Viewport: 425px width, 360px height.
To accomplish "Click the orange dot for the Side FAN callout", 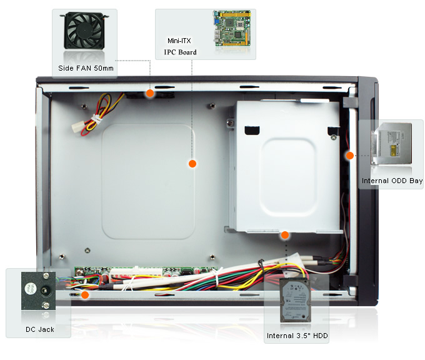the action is (x=150, y=93).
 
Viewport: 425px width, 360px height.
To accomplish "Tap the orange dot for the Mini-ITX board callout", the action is (x=192, y=164).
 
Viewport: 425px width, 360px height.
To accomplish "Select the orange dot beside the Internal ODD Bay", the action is (x=350, y=156).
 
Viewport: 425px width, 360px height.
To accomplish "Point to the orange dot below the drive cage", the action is (x=285, y=235).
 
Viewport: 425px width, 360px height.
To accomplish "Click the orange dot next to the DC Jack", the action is (x=85, y=295).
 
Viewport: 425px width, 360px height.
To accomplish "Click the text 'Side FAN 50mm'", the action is (x=86, y=68).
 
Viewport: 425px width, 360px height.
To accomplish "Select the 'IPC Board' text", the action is (x=180, y=52).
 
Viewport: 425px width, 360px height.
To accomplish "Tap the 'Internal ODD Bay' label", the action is (x=392, y=181).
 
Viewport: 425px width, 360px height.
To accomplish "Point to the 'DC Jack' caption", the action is (x=40, y=329).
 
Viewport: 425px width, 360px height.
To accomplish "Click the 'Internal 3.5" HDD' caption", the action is (x=297, y=336).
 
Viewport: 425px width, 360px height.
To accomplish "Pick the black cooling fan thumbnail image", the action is (x=84, y=31).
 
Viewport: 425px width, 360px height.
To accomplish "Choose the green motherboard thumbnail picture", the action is (x=232, y=28).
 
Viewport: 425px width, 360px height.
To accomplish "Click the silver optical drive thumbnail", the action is (x=392, y=144).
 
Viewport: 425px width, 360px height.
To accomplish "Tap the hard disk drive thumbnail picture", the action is (x=295, y=300).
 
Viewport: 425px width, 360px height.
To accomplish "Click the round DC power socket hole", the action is (x=44, y=291).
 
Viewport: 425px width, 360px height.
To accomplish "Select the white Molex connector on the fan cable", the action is (x=77, y=126).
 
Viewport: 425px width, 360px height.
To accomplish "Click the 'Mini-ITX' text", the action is (x=179, y=41).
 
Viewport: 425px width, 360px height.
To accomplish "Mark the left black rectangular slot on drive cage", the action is (x=252, y=131).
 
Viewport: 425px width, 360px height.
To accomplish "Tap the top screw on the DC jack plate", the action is (x=46, y=276).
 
